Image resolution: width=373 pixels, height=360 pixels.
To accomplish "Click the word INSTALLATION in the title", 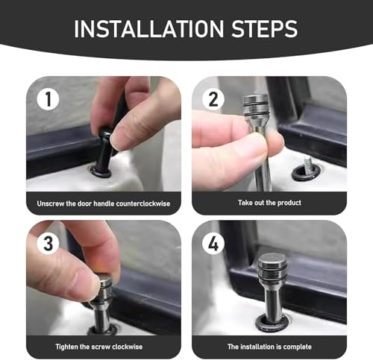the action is (x=149, y=28).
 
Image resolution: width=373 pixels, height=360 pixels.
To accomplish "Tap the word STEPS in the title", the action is (x=264, y=28).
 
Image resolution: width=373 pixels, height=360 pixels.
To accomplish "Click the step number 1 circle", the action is (x=48, y=99).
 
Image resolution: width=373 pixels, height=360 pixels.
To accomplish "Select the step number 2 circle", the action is (x=213, y=99).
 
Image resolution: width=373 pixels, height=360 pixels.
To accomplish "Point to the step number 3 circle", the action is (x=48, y=243).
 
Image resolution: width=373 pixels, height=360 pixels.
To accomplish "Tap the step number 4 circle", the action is (x=213, y=243).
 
